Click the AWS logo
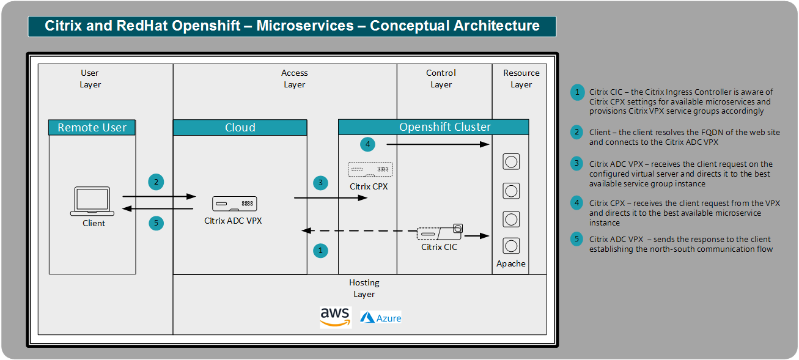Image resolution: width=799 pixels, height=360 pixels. click(336, 317)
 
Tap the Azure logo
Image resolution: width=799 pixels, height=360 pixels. click(381, 318)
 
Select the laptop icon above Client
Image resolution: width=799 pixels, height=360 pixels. click(94, 201)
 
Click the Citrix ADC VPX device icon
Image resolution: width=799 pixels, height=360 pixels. click(234, 204)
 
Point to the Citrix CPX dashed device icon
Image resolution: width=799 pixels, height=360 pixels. click(370, 169)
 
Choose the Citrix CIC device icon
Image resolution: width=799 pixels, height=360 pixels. click(440, 233)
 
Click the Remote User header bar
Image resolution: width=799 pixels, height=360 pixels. click(92, 128)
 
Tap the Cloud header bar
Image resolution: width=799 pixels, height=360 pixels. click(240, 128)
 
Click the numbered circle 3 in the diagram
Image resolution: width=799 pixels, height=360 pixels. click(320, 182)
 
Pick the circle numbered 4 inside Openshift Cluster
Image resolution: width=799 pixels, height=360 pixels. click(367, 145)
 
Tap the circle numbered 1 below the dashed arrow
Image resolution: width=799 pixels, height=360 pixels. click(320, 249)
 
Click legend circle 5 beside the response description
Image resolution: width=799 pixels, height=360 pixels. click(576, 240)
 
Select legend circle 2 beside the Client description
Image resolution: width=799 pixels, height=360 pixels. click(576, 132)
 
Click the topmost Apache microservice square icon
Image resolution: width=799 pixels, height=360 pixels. click(511, 161)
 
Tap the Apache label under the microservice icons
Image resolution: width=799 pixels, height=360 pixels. click(511, 263)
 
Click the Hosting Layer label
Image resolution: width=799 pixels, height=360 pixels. click(364, 288)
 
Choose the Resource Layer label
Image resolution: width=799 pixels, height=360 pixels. click(521, 79)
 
